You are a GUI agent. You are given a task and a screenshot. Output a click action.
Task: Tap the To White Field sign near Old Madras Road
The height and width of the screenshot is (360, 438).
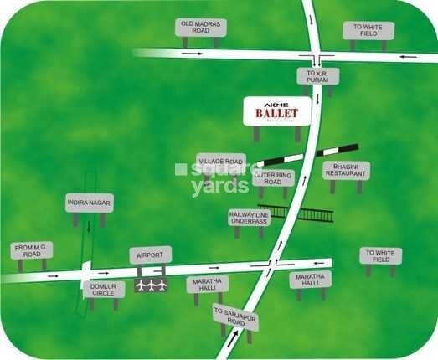click(368, 30)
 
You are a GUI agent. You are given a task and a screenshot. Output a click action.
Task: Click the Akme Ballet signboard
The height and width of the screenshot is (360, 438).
click(276, 111)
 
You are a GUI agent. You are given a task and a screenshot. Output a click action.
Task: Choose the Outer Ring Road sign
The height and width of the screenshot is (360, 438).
click(273, 177)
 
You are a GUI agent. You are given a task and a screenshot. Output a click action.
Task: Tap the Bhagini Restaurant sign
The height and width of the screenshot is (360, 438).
click(346, 170)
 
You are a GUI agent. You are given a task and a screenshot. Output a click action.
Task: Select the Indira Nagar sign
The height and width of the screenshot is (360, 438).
click(90, 203)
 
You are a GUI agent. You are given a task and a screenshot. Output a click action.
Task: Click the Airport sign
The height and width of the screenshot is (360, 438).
click(151, 254)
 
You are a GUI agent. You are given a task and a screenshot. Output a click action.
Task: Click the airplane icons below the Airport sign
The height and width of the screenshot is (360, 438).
click(151, 285)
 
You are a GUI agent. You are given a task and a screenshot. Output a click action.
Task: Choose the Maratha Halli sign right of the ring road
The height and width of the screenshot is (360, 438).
click(310, 280)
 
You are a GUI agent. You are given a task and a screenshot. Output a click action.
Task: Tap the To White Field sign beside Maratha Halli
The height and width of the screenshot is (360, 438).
click(381, 255)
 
